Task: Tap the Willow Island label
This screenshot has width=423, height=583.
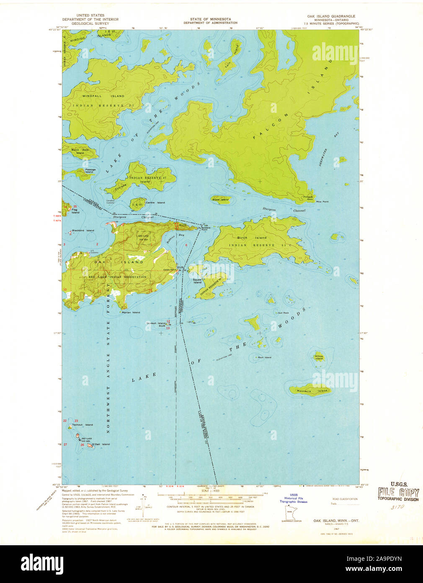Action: click(319, 357)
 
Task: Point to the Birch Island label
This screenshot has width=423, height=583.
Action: click(255, 238)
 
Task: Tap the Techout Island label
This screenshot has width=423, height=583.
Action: click(83, 425)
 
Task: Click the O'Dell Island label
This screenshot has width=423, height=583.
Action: click(101, 444)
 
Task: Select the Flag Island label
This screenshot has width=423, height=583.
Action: click(75, 211)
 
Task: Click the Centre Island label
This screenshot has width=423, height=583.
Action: click(155, 203)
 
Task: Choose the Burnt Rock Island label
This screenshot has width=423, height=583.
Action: click(80, 151)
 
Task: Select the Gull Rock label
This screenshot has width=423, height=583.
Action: click(283, 313)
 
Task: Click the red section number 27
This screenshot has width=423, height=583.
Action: click(65, 445)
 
